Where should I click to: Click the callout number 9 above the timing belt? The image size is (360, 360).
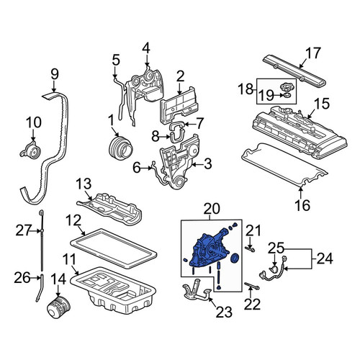pyautogui.click(x=55, y=74)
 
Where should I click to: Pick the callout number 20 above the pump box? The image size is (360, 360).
pyautogui.click(x=212, y=209)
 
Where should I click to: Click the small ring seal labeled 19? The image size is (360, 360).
pyautogui.click(x=287, y=96)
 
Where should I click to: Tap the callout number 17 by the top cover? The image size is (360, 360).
pyautogui.click(x=313, y=53)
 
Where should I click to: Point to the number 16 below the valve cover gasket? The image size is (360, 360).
pyautogui.click(x=302, y=205)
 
